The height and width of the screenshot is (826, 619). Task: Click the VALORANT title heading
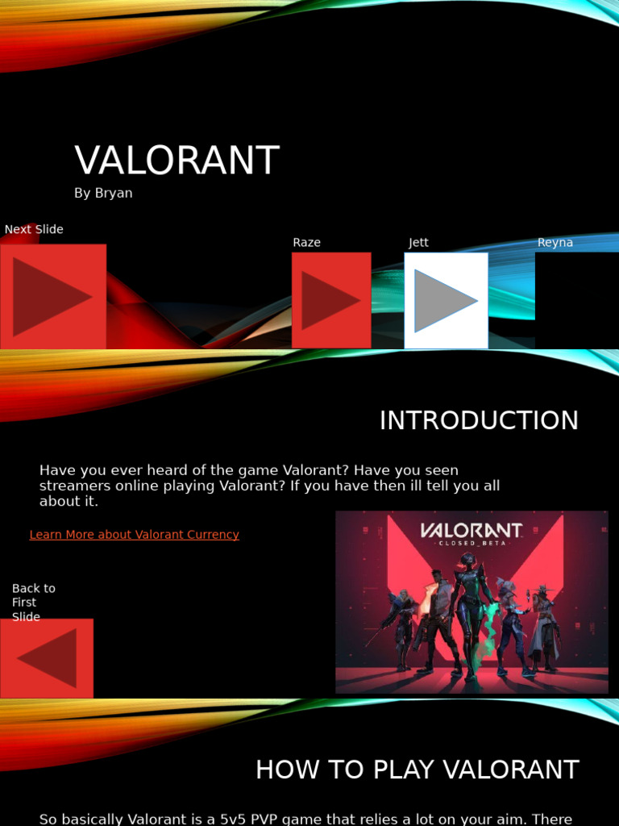[177, 161]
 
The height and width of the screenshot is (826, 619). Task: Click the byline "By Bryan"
[103, 194]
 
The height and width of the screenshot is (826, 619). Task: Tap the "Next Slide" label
[34, 230]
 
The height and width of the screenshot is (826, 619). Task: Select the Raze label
[306, 243]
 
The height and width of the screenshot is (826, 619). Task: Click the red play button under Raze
[331, 300]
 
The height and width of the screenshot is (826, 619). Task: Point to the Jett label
[418, 243]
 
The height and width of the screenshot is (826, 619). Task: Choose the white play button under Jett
[446, 300]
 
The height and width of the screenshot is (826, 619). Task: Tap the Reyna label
[555, 243]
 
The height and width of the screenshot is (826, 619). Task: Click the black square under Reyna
[577, 300]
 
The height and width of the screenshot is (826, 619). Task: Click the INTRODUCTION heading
[479, 421]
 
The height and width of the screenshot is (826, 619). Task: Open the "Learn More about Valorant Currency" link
[135, 535]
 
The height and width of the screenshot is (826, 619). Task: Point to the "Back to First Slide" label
[34, 603]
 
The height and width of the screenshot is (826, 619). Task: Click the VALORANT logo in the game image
[472, 530]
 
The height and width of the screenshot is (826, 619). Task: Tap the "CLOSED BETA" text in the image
[472, 543]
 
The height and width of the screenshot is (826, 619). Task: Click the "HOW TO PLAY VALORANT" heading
[418, 770]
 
